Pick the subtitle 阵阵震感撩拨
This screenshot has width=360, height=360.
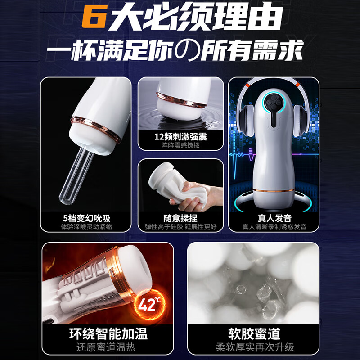[x=180, y=145]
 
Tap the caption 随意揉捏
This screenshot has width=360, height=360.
[x=180, y=218]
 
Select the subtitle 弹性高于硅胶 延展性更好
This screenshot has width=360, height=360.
[x=180, y=227]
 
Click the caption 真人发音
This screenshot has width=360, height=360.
[x=274, y=218]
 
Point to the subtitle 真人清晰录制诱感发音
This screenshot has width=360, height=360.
[x=274, y=227]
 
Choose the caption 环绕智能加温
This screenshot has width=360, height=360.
[x=108, y=333]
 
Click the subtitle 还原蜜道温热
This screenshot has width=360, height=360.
[x=108, y=346]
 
